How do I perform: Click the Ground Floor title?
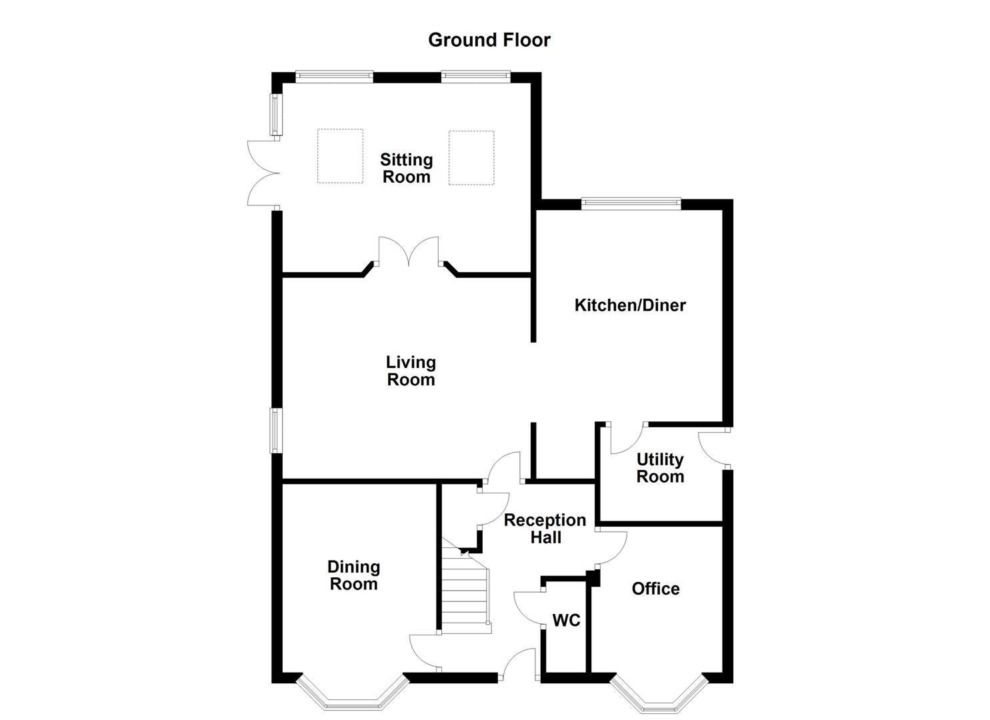pyautogui.click(x=489, y=40)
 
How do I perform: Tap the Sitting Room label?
pyautogui.click(x=406, y=168)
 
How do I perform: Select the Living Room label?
pyautogui.click(x=411, y=371)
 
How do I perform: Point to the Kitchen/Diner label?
pyautogui.click(x=630, y=305)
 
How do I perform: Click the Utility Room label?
pyautogui.click(x=660, y=468)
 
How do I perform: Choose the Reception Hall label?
pyautogui.click(x=545, y=529)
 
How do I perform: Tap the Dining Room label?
pyautogui.click(x=353, y=575)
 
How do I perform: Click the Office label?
pyautogui.click(x=655, y=589)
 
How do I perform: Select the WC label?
pyautogui.click(x=566, y=621)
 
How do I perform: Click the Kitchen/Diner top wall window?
pyautogui.click(x=630, y=203)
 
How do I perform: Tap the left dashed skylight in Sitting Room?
pyautogui.click(x=340, y=156)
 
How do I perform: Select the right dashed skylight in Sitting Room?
pyautogui.click(x=471, y=157)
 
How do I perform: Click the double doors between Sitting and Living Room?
pyautogui.click(x=409, y=253)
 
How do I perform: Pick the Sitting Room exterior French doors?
pyautogui.click(x=263, y=173)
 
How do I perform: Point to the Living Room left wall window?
pyautogui.click(x=276, y=430)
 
